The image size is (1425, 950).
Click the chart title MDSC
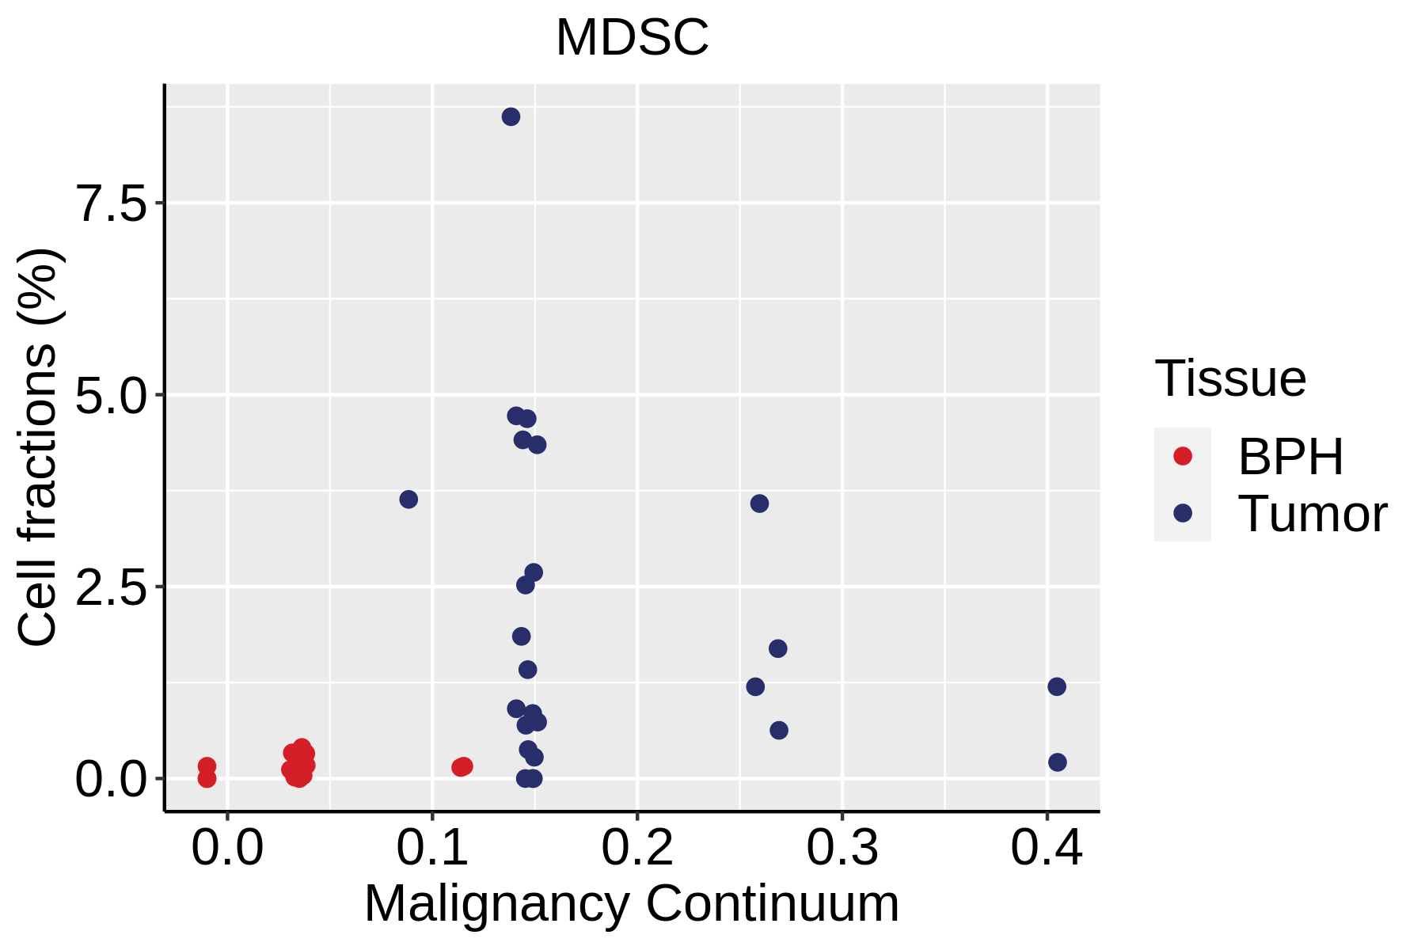click(632, 37)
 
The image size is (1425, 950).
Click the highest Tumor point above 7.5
click(511, 117)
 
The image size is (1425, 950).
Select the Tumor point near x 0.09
click(408, 500)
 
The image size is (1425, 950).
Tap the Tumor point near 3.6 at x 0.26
click(759, 503)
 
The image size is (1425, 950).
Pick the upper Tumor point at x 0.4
click(1057, 686)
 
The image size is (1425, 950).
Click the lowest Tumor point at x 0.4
click(1057, 762)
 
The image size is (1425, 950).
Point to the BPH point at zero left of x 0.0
click(207, 779)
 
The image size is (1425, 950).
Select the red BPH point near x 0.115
click(462, 766)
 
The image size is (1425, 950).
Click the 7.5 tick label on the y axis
click(112, 204)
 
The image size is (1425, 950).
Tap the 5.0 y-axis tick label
click(112, 396)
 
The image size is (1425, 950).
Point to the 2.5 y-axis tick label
click(112, 587)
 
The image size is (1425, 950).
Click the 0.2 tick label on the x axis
click(637, 848)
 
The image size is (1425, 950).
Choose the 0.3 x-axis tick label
click(842, 848)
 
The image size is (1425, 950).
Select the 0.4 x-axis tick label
click(1047, 848)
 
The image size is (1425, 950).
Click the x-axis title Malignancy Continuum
click(632, 904)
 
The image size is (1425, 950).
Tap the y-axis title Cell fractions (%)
click(37, 447)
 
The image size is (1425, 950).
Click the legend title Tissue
click(1230, 378)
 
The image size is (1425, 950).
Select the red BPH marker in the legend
click(1183, 456)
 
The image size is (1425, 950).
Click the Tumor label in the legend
click(1312, 514)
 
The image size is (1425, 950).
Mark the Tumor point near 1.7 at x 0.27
click(778, 648)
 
